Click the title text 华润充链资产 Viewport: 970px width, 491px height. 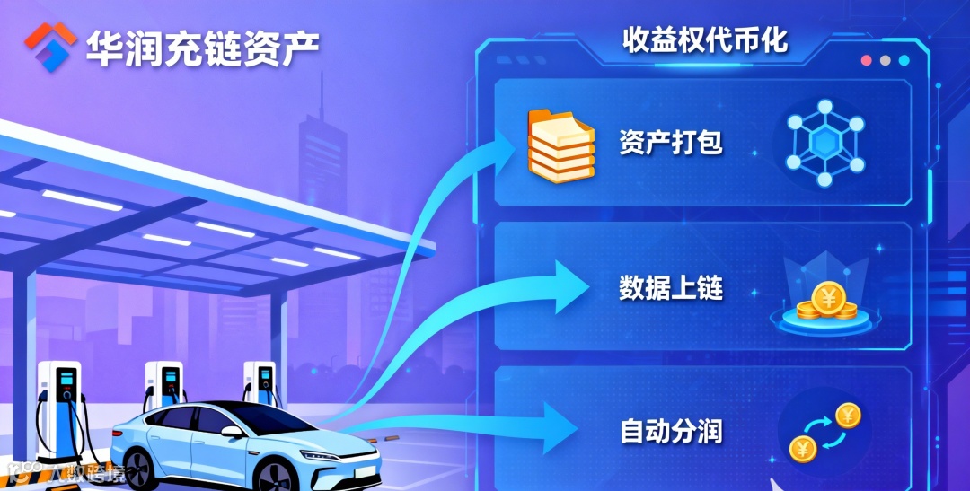click(x=203, y=47)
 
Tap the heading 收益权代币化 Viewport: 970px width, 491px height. click(x=705, y=39)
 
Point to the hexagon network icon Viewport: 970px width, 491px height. click(x=824, y=144)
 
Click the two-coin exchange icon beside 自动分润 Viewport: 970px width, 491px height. click(x=824, y=431)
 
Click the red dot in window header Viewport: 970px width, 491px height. click(x=867, y=61)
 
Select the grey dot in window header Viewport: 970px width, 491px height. click(x=886, y=61)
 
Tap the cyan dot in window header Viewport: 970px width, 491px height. click(x=904, y=61)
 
